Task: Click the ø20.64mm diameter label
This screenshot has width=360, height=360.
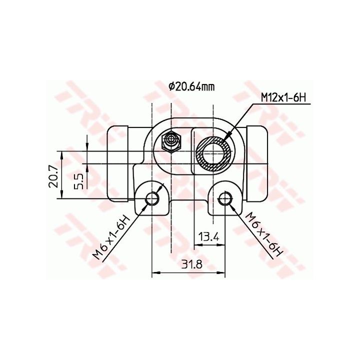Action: (x=191, y=86)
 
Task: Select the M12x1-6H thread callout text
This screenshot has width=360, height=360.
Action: (x=283, y=98)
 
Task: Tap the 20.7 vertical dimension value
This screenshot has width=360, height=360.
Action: (x=54, y=177)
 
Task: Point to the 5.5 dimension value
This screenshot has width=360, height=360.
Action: (x=79, y=181)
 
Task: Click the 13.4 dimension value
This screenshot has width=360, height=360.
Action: (x=208, y=236)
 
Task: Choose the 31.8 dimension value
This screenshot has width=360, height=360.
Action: (x=191, y=264)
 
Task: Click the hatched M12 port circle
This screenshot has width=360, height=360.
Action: (x=214, y=153)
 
